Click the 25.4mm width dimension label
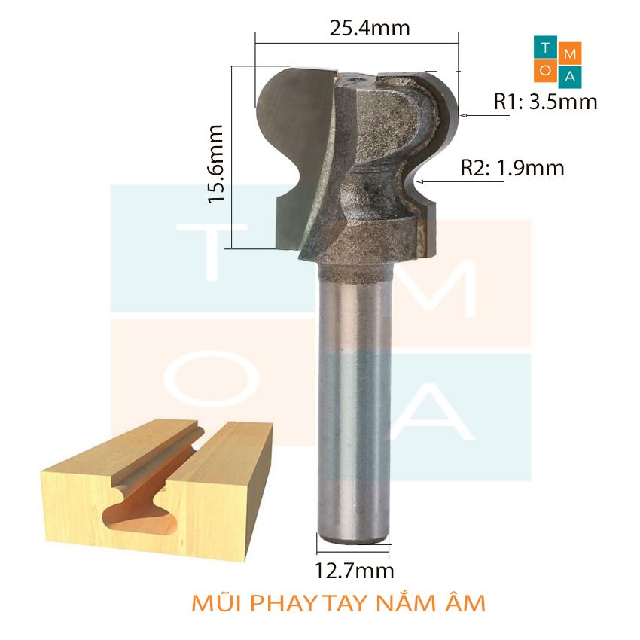click(x=370, y=29)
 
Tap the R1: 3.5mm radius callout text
click(x=546, y=102)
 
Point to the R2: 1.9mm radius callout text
click(x=513, y=169)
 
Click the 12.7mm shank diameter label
click(x=353, y=571)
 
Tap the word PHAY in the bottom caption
click(x=282, y=604)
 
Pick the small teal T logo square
click(x=545, y=47)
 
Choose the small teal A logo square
click(x=571, y=77)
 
